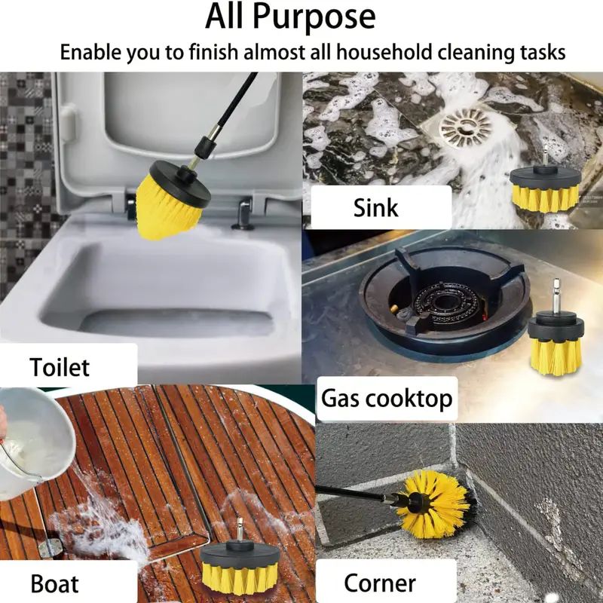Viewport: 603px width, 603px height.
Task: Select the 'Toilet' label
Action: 60,367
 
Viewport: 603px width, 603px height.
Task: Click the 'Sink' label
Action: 375,207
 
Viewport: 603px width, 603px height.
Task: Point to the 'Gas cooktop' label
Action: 387,398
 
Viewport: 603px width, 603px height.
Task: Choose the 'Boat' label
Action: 54,583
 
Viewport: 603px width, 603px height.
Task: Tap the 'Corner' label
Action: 380,583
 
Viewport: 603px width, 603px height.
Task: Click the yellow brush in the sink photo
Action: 543,190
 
